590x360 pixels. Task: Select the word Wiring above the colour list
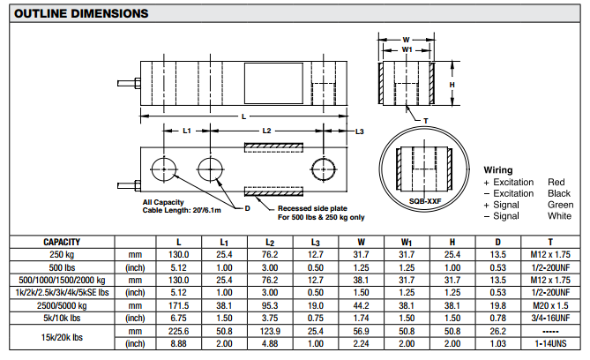point(498,169)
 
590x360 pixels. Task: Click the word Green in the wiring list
point(560,204)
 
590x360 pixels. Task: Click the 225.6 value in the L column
point(179,331)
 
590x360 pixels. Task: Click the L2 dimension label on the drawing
point(267,131)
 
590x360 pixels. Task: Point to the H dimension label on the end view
point(451,85)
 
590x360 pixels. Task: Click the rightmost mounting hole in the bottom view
point(322,167)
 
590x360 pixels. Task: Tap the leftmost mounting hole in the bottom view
point(164,167)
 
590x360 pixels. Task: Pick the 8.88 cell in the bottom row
point(179,343)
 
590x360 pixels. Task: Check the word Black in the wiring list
point(559,192)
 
